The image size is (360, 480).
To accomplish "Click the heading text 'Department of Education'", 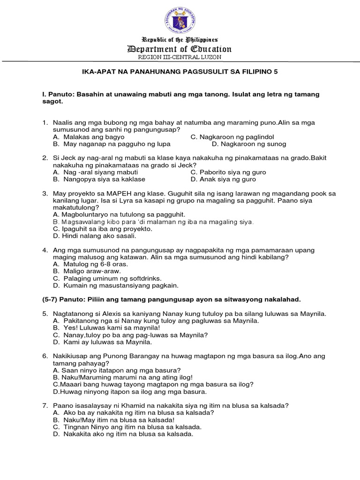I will coord(180,49).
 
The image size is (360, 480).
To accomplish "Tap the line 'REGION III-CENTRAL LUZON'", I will coord(180,57).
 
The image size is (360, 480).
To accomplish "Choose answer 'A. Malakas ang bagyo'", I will coord(89,137).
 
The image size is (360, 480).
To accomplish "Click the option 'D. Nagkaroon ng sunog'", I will coord(249,144).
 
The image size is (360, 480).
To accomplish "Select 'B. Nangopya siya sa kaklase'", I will coord(99,179).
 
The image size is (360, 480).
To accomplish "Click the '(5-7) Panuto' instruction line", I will coord(172,299).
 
